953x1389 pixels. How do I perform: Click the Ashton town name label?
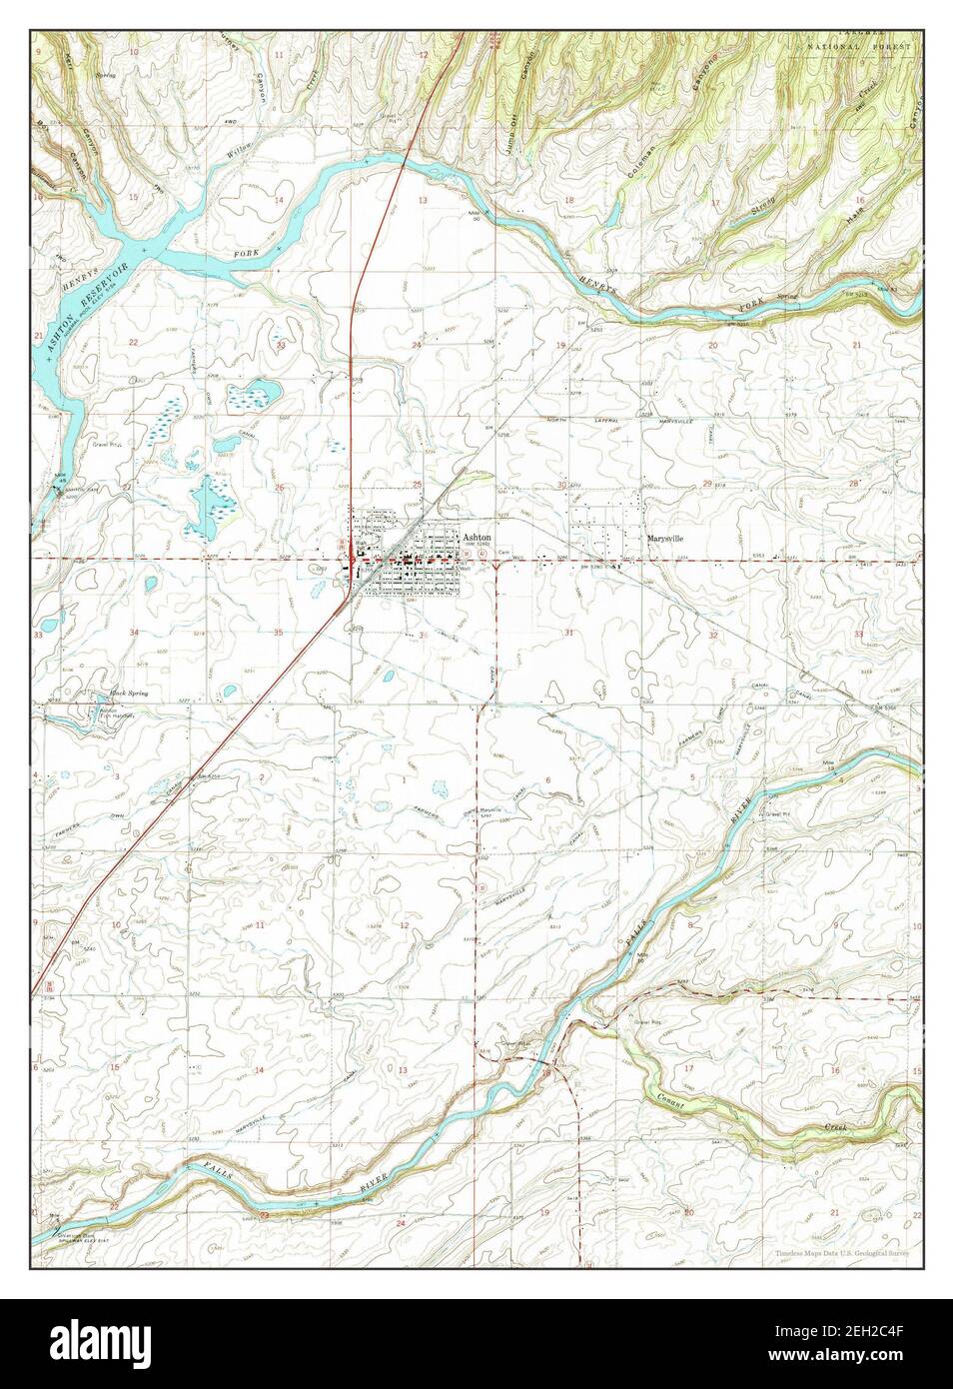pyautogui.click(x=476, y=538)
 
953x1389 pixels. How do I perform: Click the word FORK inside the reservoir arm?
pyautogui.click(x=246, y=254)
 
